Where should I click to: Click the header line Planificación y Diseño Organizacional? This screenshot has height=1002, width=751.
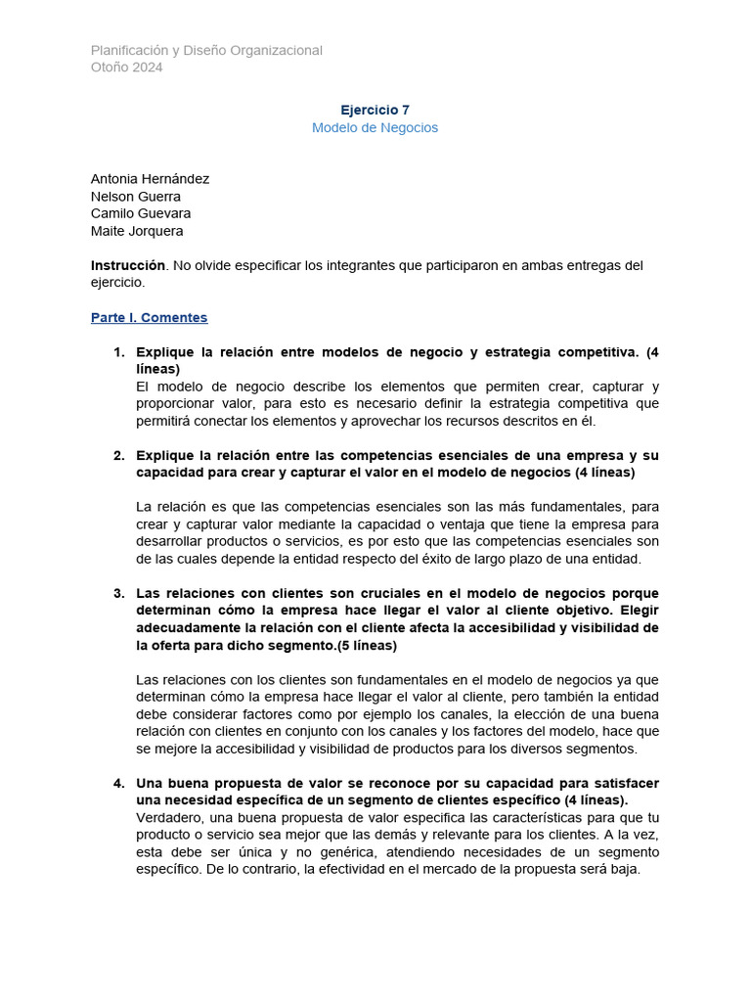click(x=206, y=50)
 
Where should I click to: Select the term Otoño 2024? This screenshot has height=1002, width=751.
click(x=127, y=68)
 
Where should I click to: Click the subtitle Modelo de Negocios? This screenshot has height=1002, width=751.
click(x=375, y=128)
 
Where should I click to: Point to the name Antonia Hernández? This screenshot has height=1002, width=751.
click(x=150, y=179)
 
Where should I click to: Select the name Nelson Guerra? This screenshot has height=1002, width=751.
click(x=135, y=197)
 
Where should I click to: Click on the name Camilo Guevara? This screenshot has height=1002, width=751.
click(x=141, y=213)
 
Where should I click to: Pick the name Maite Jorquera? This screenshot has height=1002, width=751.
click(x=137, y=231)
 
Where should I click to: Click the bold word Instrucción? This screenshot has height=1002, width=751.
click(x=127, y=265)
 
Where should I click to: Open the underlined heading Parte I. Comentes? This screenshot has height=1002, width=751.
click(x=149, y=318)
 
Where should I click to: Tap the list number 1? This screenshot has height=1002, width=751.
click(x=118, y=352)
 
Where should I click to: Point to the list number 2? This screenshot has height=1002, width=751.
click(x=118, y=455)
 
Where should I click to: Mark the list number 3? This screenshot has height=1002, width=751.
click(x=118, y=593)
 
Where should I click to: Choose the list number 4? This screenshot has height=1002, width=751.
click(x=118, y=783)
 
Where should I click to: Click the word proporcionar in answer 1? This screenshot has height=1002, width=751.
click(x=180, y=404)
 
